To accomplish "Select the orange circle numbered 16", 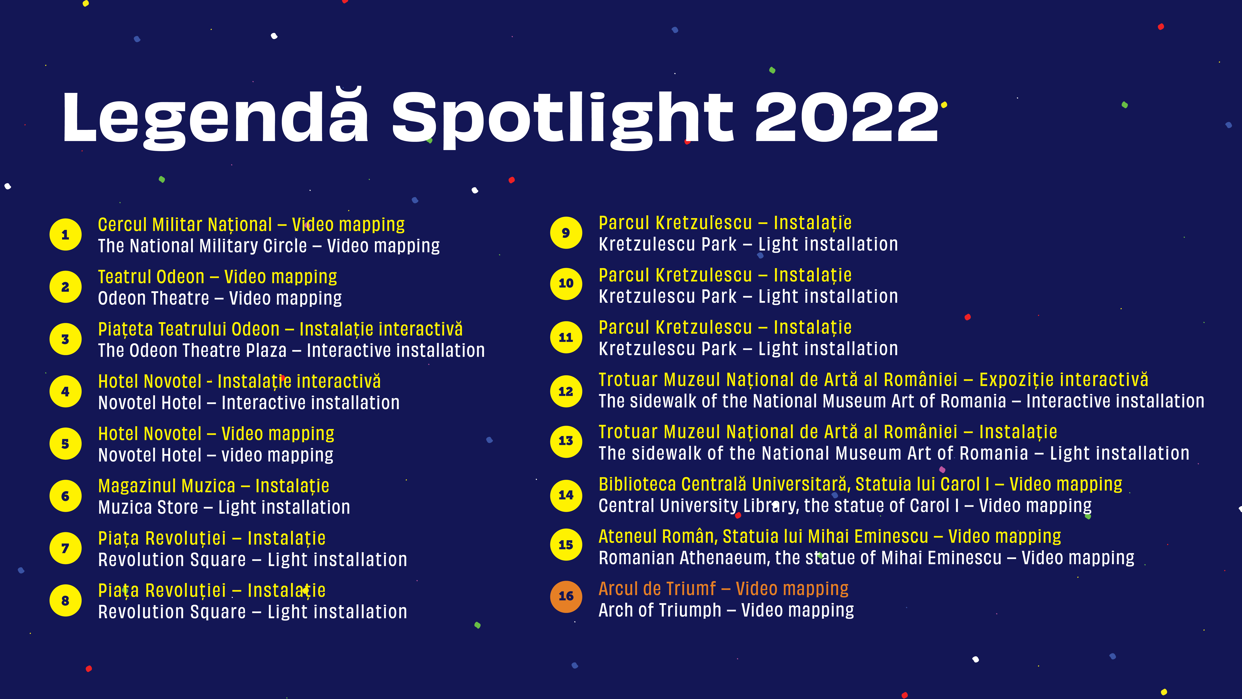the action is [x=566, y=596].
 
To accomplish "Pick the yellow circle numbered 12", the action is [x=566, y=391].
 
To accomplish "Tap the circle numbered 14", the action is [x=566, y=495].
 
